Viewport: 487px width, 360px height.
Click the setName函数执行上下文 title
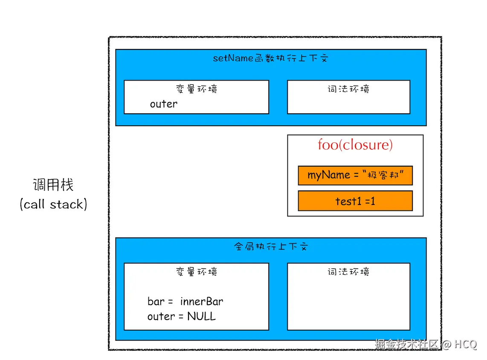271,58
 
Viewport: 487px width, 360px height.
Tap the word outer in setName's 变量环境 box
163,104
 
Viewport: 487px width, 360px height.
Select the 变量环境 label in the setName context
196,89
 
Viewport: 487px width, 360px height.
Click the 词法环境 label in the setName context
348,89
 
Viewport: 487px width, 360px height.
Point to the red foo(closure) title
355,145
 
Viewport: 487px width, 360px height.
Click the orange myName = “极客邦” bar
355,176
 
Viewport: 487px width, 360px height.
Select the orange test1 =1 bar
355,201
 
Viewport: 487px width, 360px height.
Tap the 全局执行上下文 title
271,247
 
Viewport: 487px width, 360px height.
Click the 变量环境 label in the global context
196,272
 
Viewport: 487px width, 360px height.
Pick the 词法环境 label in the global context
348,272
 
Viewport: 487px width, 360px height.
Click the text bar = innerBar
185,302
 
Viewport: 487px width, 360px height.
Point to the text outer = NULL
182,317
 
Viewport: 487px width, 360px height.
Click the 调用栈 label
53,185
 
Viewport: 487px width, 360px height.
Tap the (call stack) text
53,204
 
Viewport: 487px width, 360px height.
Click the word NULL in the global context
201,317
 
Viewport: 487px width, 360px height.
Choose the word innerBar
201,302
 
